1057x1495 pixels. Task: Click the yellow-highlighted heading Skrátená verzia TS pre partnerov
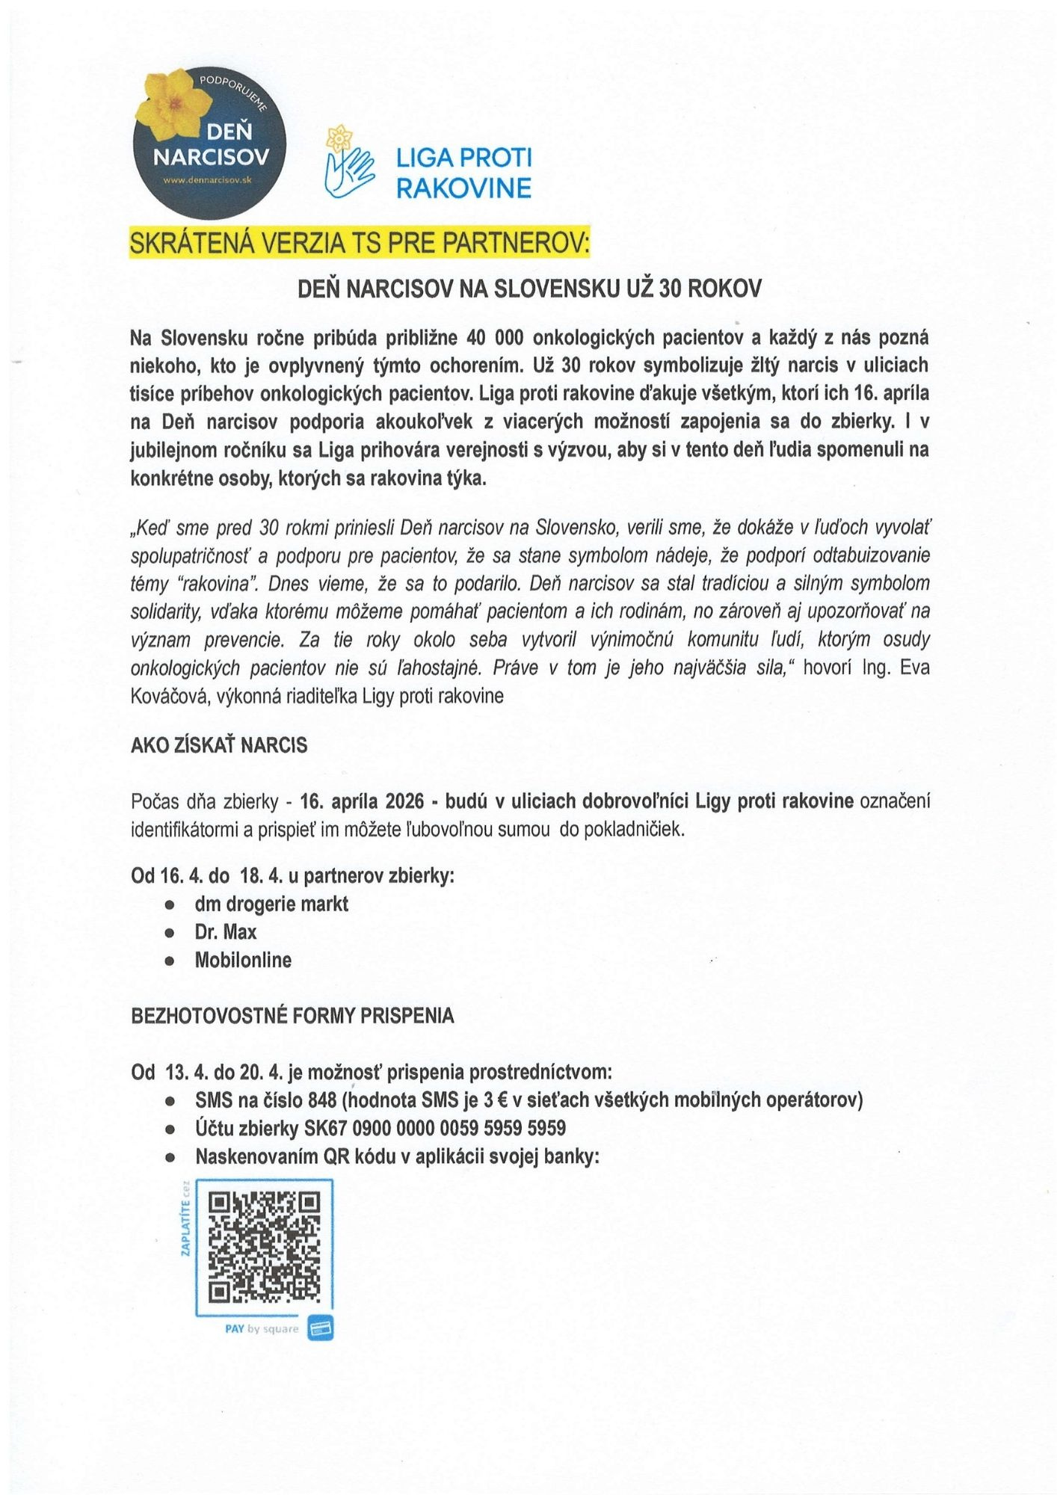coord(360,244)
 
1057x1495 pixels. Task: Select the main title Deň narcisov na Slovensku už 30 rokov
coord(528,289)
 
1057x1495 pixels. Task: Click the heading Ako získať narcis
coord(219,745)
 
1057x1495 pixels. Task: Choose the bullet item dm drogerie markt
coord(271,904)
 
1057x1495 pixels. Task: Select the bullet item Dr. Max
coord(226,932)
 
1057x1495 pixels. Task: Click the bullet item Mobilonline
coord(243,960)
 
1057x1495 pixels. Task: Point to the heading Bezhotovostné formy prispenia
coord(292,1016)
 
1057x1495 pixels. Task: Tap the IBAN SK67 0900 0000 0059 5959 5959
coord(435,1128)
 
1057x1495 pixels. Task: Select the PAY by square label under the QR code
coord(262,1328)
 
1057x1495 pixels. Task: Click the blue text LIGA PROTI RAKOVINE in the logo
coord(463,173)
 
